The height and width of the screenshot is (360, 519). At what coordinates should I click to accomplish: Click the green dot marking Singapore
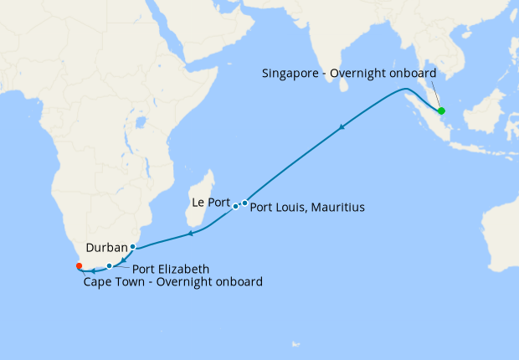tap(441, 111)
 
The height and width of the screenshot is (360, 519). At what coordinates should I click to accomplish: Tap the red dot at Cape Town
tap(79, 266)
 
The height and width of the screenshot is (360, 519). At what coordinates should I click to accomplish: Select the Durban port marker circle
tap(132, 246)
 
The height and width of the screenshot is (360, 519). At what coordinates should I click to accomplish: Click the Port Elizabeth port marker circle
tap(110, 266)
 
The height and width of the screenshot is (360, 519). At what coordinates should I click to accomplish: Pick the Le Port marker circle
tap(235, 206)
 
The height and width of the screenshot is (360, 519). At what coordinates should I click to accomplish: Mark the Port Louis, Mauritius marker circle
tap(244, 203)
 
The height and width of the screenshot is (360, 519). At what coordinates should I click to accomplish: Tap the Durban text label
tap(106, 248)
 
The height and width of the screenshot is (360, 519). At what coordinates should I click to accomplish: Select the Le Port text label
tap(210, 203)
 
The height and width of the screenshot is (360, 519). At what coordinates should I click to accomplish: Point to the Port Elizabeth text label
tap(171, 270)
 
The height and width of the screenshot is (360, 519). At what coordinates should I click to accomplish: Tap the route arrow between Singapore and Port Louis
tap(341, 127)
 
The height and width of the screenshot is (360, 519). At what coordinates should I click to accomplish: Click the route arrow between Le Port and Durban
tap(190, 233)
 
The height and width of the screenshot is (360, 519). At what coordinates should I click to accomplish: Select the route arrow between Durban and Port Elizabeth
tap(123, 261)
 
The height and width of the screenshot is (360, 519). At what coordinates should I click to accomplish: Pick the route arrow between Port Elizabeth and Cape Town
tap(94, 270)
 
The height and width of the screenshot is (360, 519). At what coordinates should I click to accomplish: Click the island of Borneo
tap(486, 113)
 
